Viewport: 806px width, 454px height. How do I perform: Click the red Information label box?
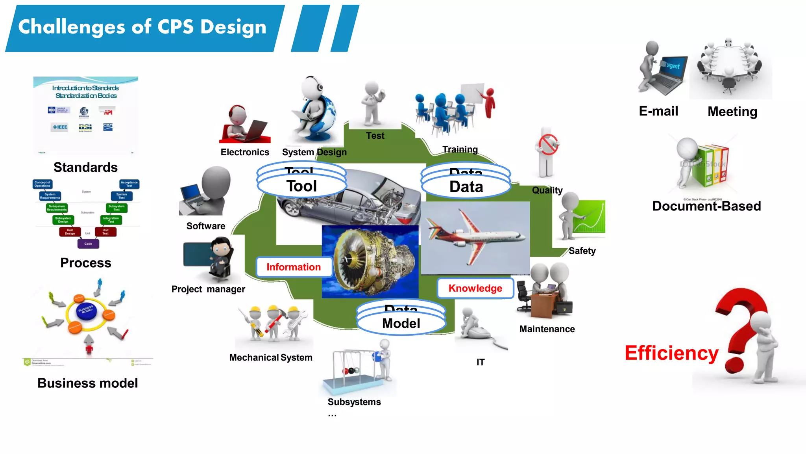click(294, 267)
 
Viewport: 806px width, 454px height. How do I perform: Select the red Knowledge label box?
click(475, 288)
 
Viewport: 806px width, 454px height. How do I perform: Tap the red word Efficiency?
click(671, 353)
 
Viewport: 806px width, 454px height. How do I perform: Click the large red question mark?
click(740, 323)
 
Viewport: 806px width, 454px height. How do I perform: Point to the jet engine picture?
click(370, 262)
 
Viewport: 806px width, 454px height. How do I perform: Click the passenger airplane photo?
click(475, 238)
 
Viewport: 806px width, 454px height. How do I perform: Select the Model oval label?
click(401, 324)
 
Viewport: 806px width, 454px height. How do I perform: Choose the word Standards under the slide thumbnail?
click(85, 167)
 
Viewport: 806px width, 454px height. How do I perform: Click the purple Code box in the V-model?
click(88, 244)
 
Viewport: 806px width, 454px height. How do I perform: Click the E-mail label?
click(658, 112)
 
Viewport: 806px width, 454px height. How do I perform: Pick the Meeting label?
click(732, 112)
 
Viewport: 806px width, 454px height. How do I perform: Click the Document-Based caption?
click(706, 206)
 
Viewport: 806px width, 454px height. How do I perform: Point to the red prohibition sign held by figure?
click(549, 144)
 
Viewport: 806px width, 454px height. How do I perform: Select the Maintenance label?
click(547, 329)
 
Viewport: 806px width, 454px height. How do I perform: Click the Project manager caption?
click(208, 289)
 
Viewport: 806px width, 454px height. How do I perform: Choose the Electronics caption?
click(245, 153)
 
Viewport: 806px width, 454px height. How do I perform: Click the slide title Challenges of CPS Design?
click(142, 27)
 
